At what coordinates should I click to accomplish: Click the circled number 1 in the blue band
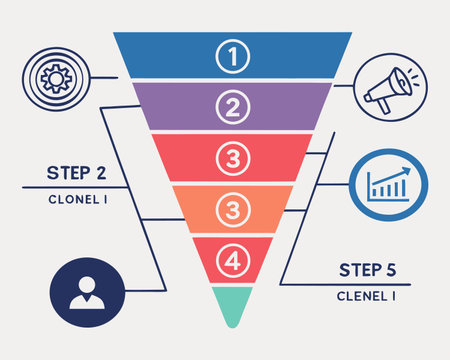[232, 57]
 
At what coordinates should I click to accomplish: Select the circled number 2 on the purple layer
[232, 105]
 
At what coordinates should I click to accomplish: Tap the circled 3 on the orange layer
[232, 210]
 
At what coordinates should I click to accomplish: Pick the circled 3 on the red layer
[232, 158]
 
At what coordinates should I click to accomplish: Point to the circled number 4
[232, 262]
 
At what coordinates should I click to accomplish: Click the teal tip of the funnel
[232, 305]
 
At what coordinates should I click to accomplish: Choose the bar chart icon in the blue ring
[389, 183]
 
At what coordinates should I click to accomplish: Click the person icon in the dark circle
[86, 291]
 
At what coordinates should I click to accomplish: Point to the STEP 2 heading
[76, 172]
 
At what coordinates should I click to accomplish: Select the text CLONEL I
[76, 198]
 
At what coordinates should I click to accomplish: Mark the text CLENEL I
[366, 296]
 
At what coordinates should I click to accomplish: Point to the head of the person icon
[86, 284]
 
